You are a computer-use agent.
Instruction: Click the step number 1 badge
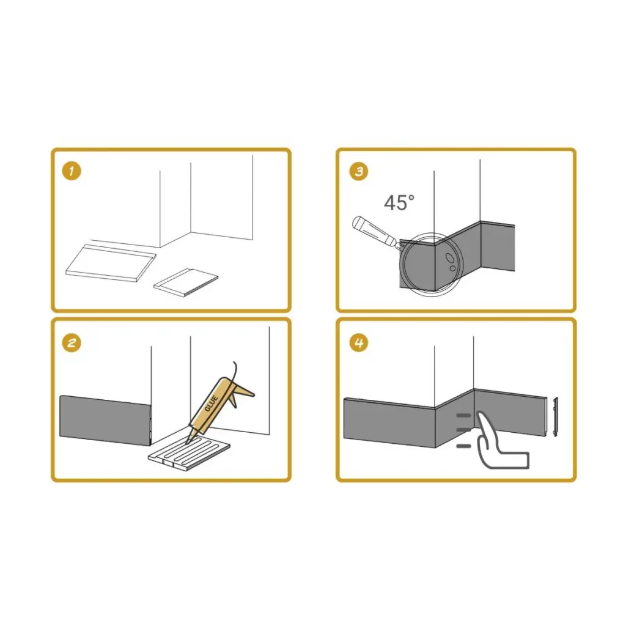[72, 171]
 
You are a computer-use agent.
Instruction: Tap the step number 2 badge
[72, 342]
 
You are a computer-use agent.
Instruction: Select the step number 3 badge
[358, 171]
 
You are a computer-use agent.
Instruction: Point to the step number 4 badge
[358, 342]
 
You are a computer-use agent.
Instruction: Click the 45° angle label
[399, 202]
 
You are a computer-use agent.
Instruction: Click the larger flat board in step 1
[110, 263]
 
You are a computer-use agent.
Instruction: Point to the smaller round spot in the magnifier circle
[451, 268]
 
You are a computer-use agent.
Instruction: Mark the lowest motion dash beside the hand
[464, 446]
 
